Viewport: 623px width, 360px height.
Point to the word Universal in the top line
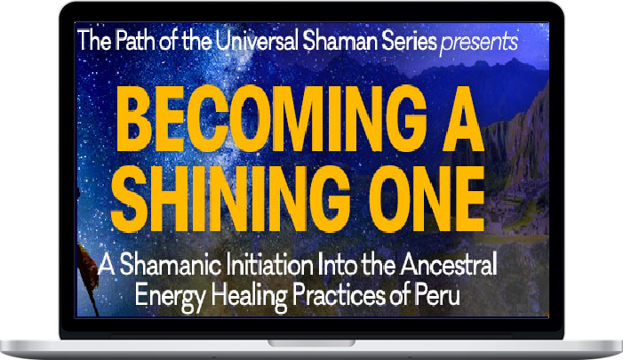click(258, 41)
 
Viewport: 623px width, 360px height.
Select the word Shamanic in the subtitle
click(171, 264)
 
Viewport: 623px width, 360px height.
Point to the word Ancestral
click(449, 264)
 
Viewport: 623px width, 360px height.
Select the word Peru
click(437, 296)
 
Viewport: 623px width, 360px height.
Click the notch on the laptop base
click(311, 343)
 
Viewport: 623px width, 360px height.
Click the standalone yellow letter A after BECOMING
click(463, 119)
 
